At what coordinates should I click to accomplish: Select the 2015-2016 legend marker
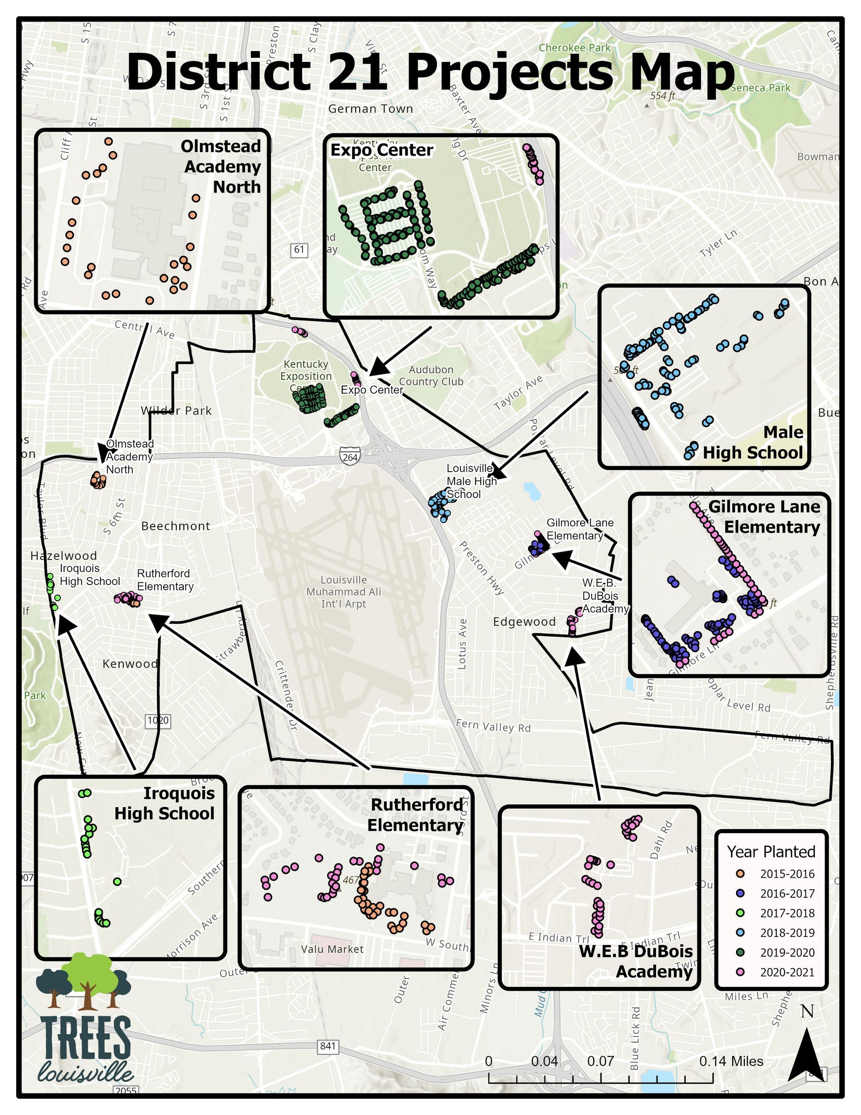[x=741, y=874]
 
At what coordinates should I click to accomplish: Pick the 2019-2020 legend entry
[x=787, y=952]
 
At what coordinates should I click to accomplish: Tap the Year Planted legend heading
[x=771, y=852]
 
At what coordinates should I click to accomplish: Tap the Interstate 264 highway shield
[x=350, y=456]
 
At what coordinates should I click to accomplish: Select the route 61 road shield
[x=299, y=249]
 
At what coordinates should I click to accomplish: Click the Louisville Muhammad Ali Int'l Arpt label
[x=344, y=592]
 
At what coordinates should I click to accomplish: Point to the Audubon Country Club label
[x=431, y=375]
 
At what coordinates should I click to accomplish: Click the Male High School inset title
[x=753, y=442]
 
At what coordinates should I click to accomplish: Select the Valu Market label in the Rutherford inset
[x=332, y=949]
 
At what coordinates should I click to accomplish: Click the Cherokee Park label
[x=575, y=48]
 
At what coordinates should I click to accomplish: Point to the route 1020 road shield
[x=158, y=720]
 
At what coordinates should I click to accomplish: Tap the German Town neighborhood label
[x=370, y=109]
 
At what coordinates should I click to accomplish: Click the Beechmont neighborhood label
[x=176, y=526]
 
